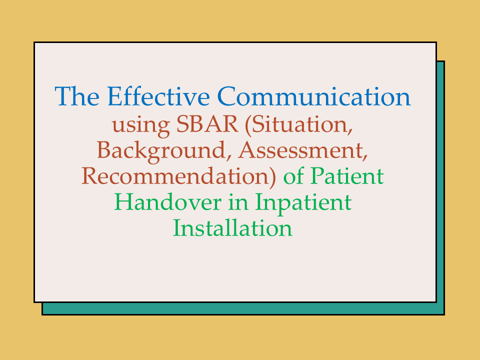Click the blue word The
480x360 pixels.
(x=77, y=96)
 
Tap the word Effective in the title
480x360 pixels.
(x=158, y=96)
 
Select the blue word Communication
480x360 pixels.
(x=314, y=96)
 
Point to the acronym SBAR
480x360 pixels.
(x=207, y=124)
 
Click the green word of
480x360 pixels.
(x=293, y=176)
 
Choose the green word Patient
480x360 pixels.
(x=347, y=176)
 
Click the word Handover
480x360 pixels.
(x=168, y=202)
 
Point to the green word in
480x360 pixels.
(x=238, y=202)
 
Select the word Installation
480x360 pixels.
(x=232, y=228)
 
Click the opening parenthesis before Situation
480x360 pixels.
(x=248, y=125)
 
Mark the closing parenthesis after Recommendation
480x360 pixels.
(x=273, y=177)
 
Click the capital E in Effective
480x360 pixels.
(x=115, y=96)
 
